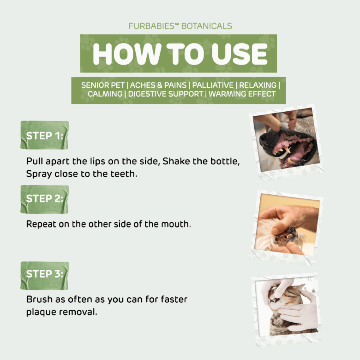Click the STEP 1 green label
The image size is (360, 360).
coord(45,135)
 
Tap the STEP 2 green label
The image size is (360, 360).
coord(45,199)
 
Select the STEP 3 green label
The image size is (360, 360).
coord(45,276)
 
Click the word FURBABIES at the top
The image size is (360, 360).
coord(151,26)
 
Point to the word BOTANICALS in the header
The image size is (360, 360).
coord(207,26)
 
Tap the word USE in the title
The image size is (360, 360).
coord(240,54)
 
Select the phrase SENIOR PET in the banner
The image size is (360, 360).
coord(103,85)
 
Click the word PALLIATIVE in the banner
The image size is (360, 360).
coord(213,85)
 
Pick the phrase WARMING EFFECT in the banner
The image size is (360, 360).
coord(242,94)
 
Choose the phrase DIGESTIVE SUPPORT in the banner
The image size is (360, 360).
coord(166,94)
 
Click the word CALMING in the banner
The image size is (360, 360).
coord(105,94)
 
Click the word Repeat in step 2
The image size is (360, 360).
coord(41,224)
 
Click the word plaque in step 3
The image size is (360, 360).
coord(41,312)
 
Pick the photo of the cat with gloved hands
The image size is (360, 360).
coord(287,309)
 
